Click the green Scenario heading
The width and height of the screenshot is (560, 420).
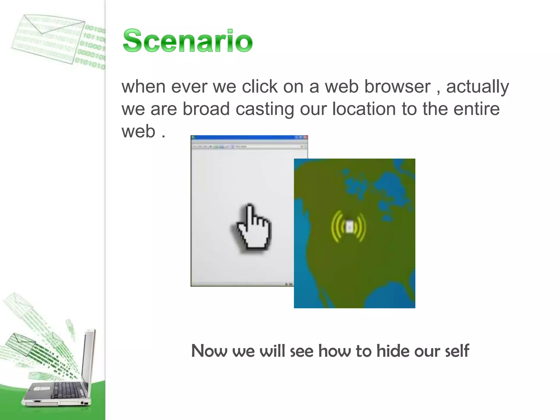click(188, 41)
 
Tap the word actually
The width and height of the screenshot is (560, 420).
click(477, 87)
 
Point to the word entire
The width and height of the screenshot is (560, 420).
click(476, 109)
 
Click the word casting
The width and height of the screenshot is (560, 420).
click(265, 109)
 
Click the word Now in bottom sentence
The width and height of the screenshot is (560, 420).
click(209, 351)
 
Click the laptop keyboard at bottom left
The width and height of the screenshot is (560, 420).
click(66, 390)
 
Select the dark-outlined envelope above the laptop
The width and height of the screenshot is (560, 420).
click(21, 344)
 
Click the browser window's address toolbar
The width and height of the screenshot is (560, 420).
click(249, 147)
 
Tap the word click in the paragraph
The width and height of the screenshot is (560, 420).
click(260, 87)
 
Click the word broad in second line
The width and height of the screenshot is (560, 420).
click(206, 109)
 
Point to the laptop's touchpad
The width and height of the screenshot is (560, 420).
click(41, 388)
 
